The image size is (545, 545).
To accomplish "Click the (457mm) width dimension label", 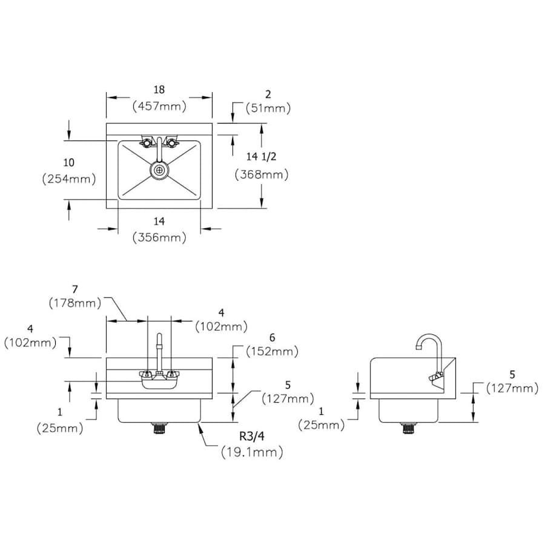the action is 159,106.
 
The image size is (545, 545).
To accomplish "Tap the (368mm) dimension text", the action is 262,174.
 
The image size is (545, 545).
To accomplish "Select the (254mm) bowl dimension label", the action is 69,179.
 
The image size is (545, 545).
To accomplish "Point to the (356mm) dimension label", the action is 159,237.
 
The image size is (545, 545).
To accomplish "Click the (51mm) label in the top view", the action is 268,108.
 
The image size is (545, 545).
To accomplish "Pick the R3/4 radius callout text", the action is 252,436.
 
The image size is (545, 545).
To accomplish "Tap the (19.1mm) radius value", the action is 252,452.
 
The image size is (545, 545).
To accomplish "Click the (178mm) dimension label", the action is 75,303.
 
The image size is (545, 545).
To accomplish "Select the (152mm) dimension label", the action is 272,351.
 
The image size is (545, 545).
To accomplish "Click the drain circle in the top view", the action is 159,170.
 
